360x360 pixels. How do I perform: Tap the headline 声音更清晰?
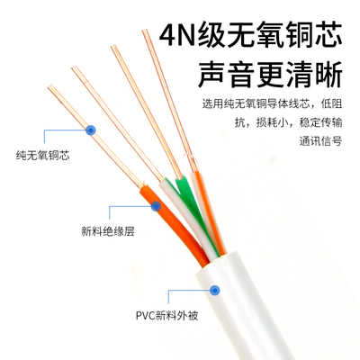[x=270, y=74]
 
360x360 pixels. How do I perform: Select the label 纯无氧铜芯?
[x=43, y=156]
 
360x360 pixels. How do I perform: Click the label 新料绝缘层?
[x=108, y=231]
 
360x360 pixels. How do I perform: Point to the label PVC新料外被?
[x=167, y=316]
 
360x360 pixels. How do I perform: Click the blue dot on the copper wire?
[x=90, y=130]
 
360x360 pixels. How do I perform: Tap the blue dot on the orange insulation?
[x=156, y=206]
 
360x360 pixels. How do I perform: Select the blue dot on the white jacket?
[x=214, y=290]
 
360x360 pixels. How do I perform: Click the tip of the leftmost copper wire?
[x=50, y=87]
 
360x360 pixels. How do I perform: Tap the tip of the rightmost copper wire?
[x=146, y=31]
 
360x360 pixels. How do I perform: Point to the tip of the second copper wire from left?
[x=75, y=69]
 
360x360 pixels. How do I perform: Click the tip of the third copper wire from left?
[x=113, y=47]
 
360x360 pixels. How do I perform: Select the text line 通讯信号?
[x=320, y=140]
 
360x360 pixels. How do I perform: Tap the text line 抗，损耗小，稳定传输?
[x=288, y=122]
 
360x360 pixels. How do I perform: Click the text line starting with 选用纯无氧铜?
[x=272, y=104]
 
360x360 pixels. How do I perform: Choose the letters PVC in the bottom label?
[x=145, y=316]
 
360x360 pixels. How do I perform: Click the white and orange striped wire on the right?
[x=210, y=213]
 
